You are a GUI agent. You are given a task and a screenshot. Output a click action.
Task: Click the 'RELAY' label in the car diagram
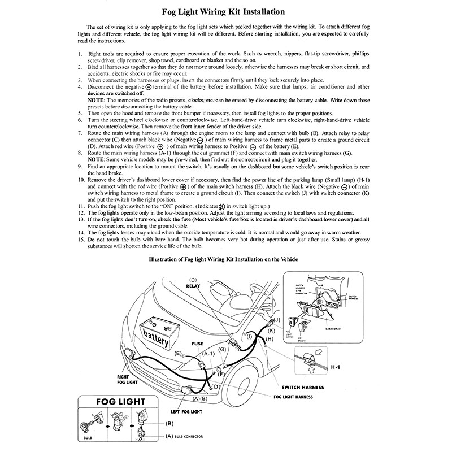tap(194, 287)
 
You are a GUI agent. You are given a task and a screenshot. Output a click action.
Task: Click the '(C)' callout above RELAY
tap(193, 280)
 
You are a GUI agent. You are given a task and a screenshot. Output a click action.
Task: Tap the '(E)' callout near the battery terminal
tap(178, 353)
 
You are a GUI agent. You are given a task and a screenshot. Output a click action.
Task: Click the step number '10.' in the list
tap(81, 180)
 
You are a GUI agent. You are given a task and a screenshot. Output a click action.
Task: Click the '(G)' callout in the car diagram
tap(222, 350)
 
